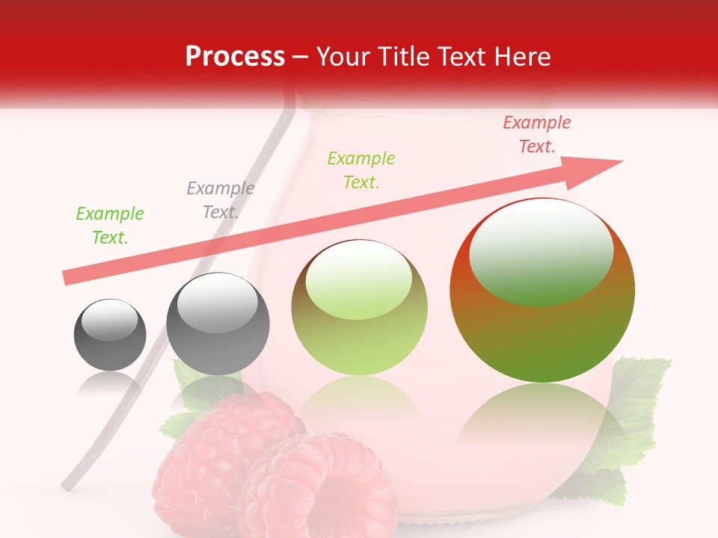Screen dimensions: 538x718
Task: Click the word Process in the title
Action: coord(235,57)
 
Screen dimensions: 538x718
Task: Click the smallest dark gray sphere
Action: coord(110,335)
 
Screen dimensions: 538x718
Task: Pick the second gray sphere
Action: coord(217,324)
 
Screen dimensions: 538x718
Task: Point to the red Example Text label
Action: coord(537,134)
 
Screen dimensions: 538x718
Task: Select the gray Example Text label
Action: coord(221,200)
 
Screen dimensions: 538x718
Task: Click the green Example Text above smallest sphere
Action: coord(110,226)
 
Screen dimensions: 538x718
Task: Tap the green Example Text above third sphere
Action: coord(361,170)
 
